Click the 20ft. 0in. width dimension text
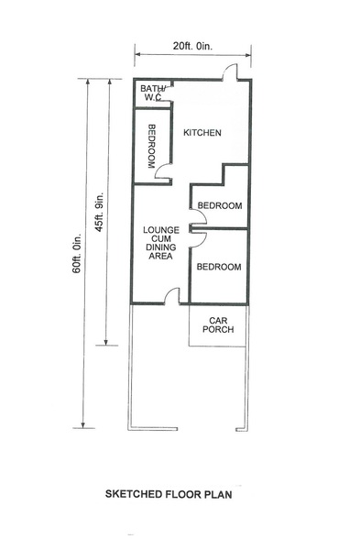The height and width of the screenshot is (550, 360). point(192,46)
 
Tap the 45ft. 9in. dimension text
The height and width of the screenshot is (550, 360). point(100,212)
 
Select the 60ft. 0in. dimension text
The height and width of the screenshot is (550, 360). point(77,253)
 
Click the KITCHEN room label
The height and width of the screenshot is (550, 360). point(202,133)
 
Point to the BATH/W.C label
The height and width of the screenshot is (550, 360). point(152,93)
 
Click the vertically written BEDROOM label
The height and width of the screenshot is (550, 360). point(151,147)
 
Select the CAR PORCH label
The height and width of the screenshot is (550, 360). point(218,324)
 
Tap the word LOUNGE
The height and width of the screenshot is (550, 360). point(161,230)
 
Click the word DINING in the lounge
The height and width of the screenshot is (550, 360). point(161,247)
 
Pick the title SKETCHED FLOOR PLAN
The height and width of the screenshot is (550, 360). point(169,494)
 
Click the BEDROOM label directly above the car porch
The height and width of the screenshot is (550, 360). point(219,267)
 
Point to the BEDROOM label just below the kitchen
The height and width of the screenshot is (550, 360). point(220,205)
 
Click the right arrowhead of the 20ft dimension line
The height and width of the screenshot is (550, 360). point(249,55)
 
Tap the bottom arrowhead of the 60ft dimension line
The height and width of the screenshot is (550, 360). point(83,424)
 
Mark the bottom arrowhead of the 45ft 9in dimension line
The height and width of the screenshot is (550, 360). point(106,342)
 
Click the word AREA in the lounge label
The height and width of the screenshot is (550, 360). point(161,256)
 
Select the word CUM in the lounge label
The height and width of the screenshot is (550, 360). point(161,239)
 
